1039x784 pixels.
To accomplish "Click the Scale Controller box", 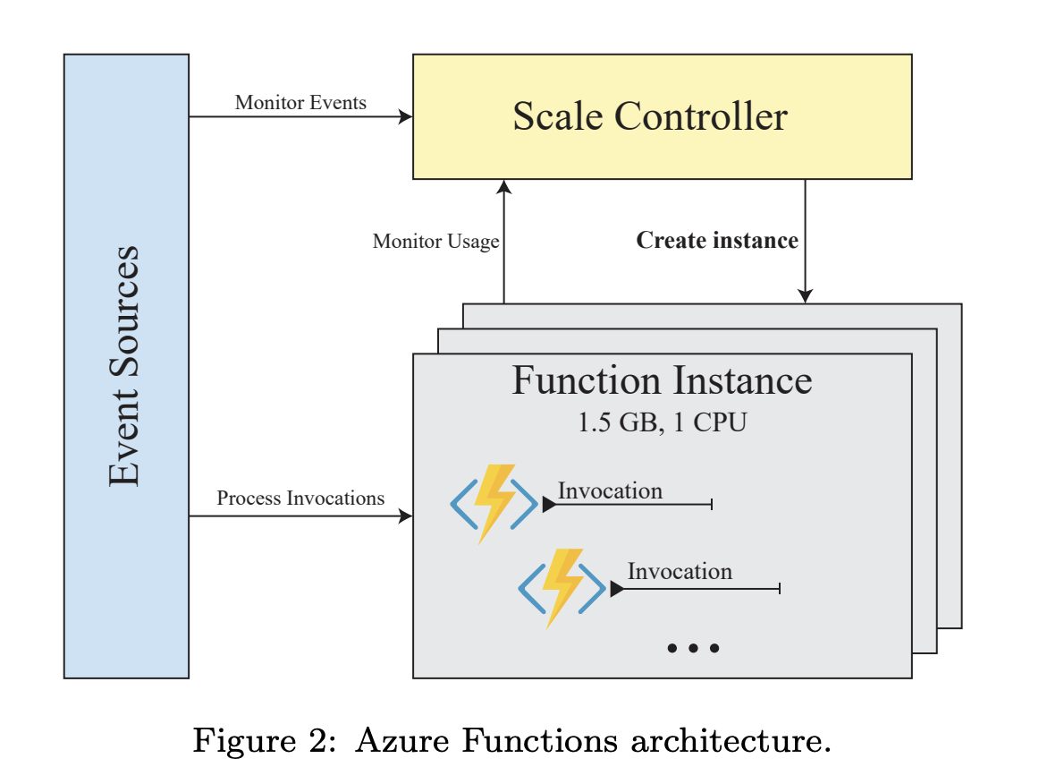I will coord(662,116).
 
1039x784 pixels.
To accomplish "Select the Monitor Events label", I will coord(300,102).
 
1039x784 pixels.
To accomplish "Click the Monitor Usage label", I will coord(435,242).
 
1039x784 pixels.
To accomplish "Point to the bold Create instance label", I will coord(717,240).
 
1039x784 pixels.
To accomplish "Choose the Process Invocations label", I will coord(300,498).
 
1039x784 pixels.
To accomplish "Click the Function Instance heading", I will coord(662,380).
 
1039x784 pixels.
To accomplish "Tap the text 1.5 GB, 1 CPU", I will coord(662,422).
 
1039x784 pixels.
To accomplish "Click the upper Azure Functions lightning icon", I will coord(494,504).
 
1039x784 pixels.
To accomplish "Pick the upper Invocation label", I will coord(610,490).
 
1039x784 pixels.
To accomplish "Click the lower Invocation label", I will coord(680,571).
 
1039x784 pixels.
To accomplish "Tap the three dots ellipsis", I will coord(693,648).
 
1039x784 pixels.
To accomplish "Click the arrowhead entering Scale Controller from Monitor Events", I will coord(406,116).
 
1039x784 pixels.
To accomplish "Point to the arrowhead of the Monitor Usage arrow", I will coord(504,186).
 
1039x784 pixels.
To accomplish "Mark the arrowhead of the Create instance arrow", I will coord(805,296).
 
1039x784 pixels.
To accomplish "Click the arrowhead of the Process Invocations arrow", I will coord(406,516).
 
